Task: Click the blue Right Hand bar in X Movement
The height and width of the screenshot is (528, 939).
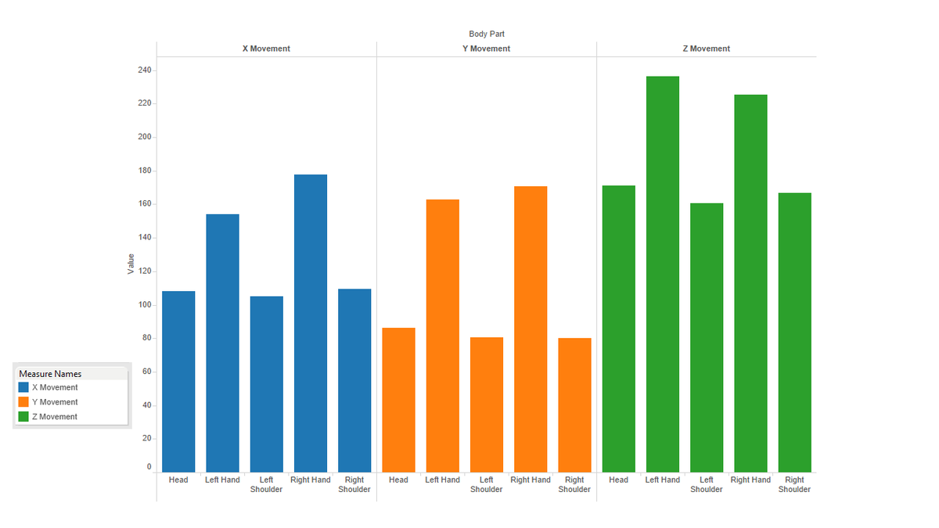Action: (x=311, y=323)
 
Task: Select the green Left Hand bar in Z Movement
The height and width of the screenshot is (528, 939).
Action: (x=663, y=274)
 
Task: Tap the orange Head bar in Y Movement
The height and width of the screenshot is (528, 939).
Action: (x=398, y=400)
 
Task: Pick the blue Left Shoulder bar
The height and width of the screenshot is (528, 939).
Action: (x=267, y=384)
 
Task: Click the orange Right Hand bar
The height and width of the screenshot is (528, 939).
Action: (x=531, y=329)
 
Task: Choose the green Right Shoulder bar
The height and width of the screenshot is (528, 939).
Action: (x=795, y=332)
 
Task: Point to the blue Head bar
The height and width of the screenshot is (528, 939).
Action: (x=178, y=382)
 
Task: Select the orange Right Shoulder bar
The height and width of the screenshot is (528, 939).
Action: (x=574, y=405)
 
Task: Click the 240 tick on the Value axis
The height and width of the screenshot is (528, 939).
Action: (x=145, y=70)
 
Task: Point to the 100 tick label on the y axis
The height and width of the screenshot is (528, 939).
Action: (x=145, y=304)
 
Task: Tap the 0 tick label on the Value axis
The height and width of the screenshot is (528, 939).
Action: (x=149, y=467)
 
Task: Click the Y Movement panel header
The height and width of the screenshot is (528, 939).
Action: (x=486, y=48)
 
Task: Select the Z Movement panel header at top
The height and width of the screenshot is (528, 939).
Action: (x=707, y=48)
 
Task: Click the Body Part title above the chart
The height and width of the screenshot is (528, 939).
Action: (x=486, y=34)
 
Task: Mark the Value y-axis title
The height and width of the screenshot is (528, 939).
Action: (x=131, y=264)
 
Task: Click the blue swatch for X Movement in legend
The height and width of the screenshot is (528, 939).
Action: (x=23, y=387)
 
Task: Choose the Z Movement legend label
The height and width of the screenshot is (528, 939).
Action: (x=55, y=416)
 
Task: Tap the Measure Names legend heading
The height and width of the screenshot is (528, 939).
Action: (x=50, y=374)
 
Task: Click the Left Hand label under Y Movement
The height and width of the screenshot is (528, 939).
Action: (x=442, y=480)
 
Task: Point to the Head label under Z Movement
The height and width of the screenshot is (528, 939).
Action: (x=618, y=480)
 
